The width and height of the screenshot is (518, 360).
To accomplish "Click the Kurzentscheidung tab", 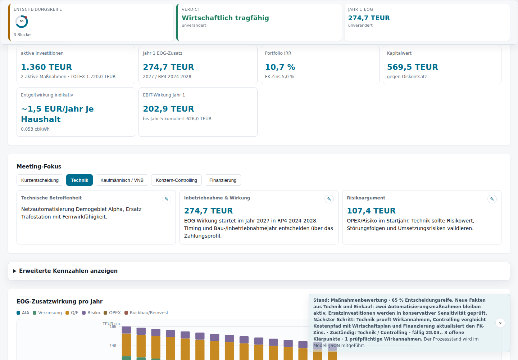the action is click(x=40, y=180).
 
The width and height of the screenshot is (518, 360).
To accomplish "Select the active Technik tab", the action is click(x=79, y=180).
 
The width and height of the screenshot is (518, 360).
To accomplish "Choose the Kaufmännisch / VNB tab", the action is click(x=122, y=180).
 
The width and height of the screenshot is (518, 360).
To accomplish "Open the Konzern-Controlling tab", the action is click(x=176, y=180).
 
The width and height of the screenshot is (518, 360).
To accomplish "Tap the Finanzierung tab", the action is click(x=223, y=180).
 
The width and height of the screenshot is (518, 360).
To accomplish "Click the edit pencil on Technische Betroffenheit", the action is click(x=167, y=199).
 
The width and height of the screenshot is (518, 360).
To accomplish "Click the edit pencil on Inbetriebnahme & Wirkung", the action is click(x=329, y=199).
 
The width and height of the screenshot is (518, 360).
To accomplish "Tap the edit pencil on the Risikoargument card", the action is click(x=492, y=199).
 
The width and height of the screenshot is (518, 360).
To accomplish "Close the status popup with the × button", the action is click(x=500, y=323).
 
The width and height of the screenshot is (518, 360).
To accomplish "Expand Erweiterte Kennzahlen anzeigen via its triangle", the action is click(x=15, y=271).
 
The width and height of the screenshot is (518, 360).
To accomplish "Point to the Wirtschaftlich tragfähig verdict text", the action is click(x=225, y=18).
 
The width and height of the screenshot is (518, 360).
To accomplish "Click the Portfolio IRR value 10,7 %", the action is click(x=280, y=67).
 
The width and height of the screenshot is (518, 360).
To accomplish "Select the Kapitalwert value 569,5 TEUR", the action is click(x=412, y=67).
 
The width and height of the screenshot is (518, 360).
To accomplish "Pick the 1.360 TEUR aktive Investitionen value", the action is click(x=46, y=67).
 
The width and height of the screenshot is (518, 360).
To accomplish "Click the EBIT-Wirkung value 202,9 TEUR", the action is click(x=168, y=109).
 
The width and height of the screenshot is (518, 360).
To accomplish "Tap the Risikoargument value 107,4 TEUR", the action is click(x=371, y=211).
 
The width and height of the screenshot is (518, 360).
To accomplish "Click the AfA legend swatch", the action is click(x=18, y=313).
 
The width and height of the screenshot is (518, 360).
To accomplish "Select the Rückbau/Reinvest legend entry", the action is click(x=146, y=313).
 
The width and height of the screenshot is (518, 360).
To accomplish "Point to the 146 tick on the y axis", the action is click(x=113, y=346).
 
